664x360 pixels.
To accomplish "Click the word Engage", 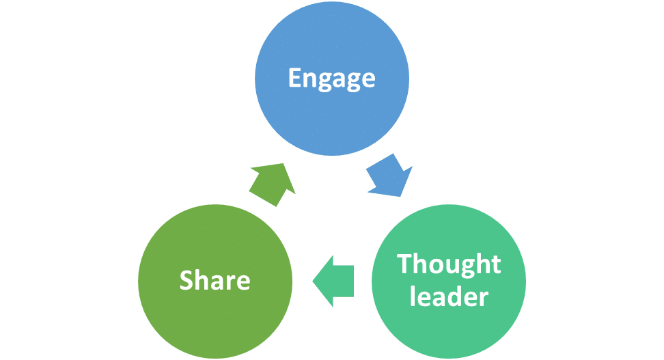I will click(x=331, y=78).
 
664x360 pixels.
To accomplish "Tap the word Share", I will click(x=215, y=280).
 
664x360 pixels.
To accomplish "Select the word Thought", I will click(x=449, y=264).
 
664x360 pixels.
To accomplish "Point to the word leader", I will click(x=449, y=297).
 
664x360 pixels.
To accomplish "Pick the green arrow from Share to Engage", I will click(x=272, y=184).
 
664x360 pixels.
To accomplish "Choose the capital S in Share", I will click(x=186, y=280).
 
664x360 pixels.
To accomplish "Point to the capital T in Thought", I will click(x=404, y=264).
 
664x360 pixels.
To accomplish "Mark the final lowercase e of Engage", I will click(x=368, y=79).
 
